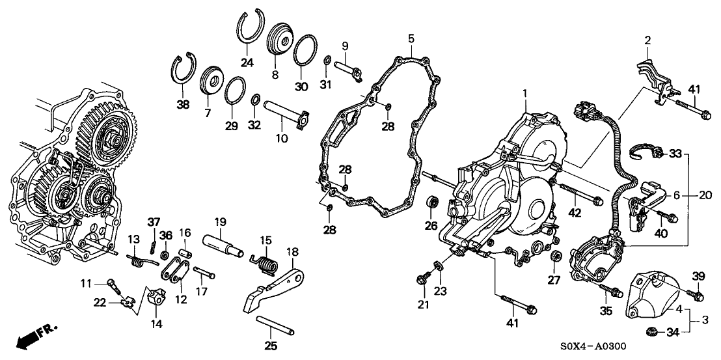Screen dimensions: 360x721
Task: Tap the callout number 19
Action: click(221, 221)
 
